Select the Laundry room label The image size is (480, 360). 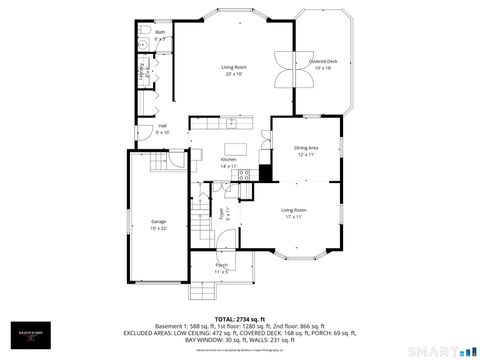click(143, 72)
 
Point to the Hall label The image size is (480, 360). click(162, 129)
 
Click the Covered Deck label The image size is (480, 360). click(322, 64)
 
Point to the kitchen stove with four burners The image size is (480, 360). click(242, 176)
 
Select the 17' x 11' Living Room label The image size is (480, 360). click(293, 212)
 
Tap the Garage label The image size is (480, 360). click(158, 223)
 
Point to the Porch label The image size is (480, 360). click(221, 267)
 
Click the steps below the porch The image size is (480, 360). click(204, 291)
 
